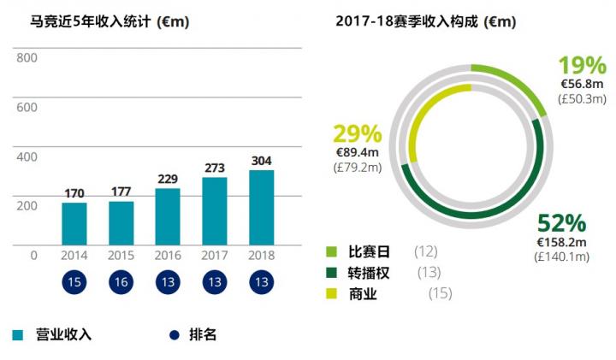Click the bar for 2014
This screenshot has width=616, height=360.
74,224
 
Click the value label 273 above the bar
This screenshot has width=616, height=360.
215,168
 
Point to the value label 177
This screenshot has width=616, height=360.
121,192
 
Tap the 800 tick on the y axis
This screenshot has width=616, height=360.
27,58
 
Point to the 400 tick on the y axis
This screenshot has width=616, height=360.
27,156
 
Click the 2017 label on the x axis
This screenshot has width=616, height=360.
215,255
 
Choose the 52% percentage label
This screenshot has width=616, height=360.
561,225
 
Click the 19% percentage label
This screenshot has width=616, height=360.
582,66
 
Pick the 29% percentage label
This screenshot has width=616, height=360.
357,134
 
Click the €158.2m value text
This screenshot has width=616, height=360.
561,242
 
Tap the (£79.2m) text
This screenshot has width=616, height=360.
357,168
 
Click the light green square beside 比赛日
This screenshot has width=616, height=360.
331,251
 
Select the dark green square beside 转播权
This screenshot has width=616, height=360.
331,273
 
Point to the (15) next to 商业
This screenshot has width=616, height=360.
440,294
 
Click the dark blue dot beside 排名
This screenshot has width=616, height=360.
175,334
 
